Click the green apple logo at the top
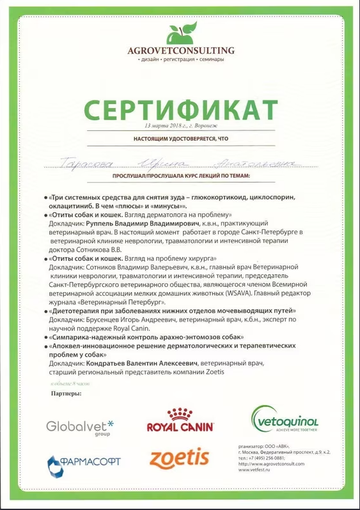180,33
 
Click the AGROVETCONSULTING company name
180,50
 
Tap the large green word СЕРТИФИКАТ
181,111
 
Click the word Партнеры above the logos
66,394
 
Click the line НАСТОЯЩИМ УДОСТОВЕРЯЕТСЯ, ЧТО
181,138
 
